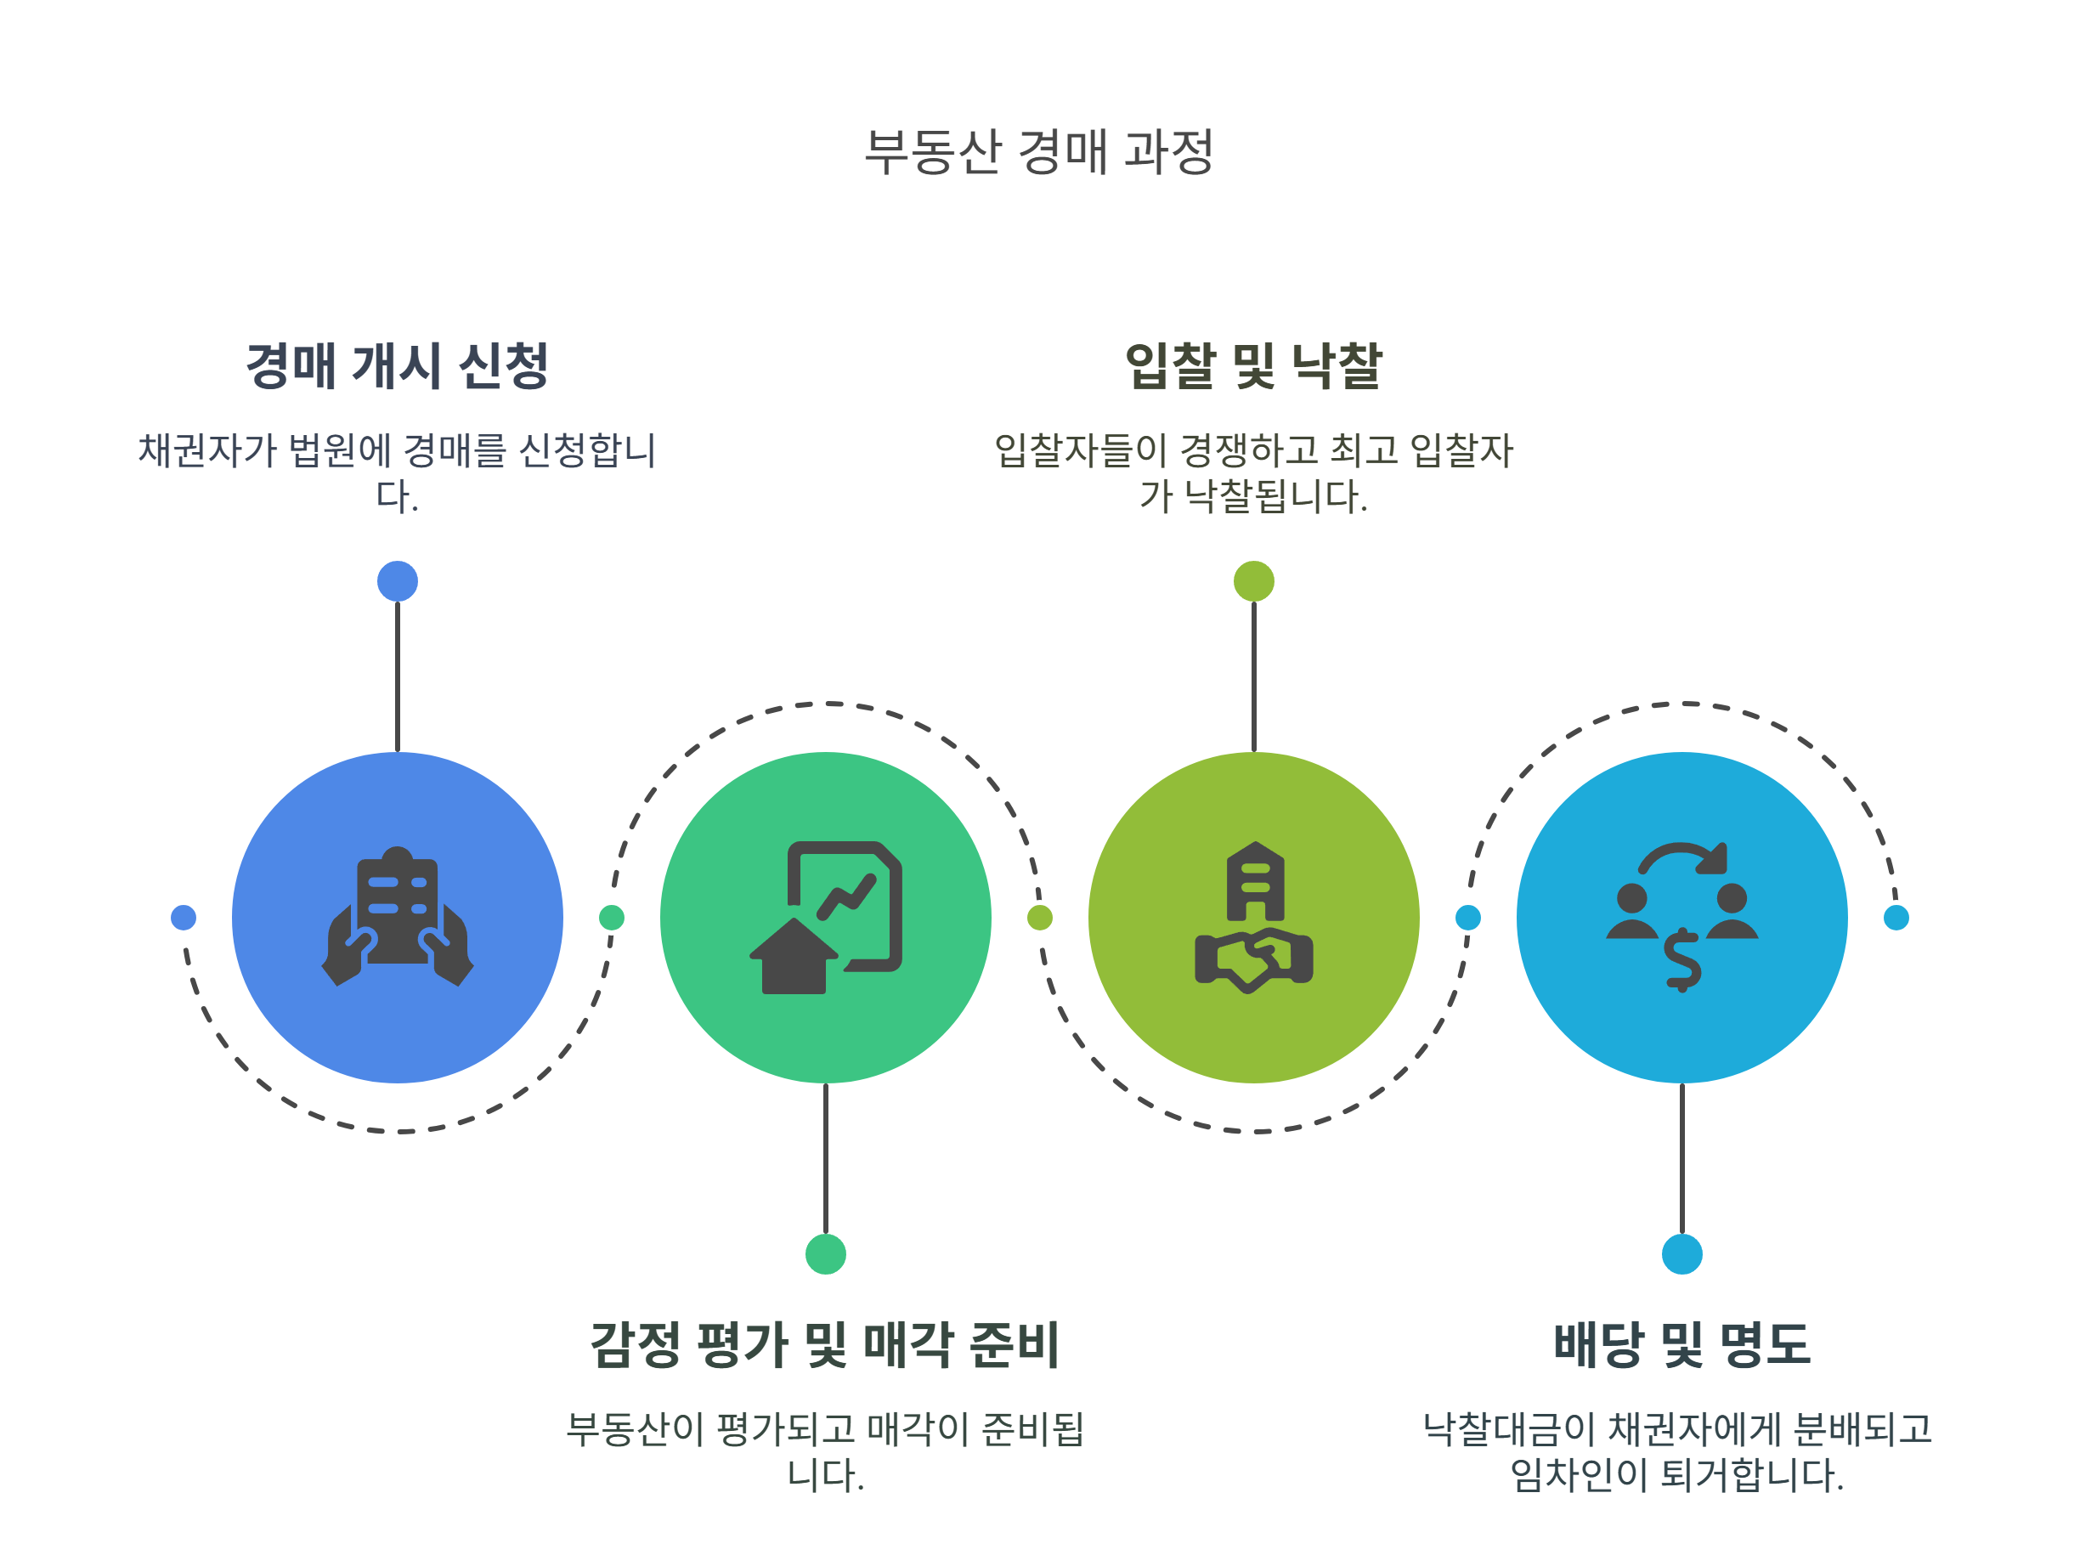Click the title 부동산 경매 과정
point(1039,152)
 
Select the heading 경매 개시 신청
point(397,365)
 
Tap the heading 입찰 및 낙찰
point(1253,365)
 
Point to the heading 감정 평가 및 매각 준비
point(825,1344)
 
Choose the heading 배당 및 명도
point(1682,1344)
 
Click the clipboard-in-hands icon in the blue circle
point(397,917)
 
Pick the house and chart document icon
point(825,917)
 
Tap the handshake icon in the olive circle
point(1253,917)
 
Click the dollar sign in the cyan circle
point(1682,960)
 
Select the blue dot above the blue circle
point(397,581)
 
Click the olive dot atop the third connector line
point(1253,581)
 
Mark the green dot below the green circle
point(826,1254)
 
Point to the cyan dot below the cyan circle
point(1682,1254)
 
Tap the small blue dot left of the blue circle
point(184,918)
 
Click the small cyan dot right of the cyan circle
point(1896,918)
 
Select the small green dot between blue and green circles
point(611,918)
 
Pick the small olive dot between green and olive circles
point(1039,918)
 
